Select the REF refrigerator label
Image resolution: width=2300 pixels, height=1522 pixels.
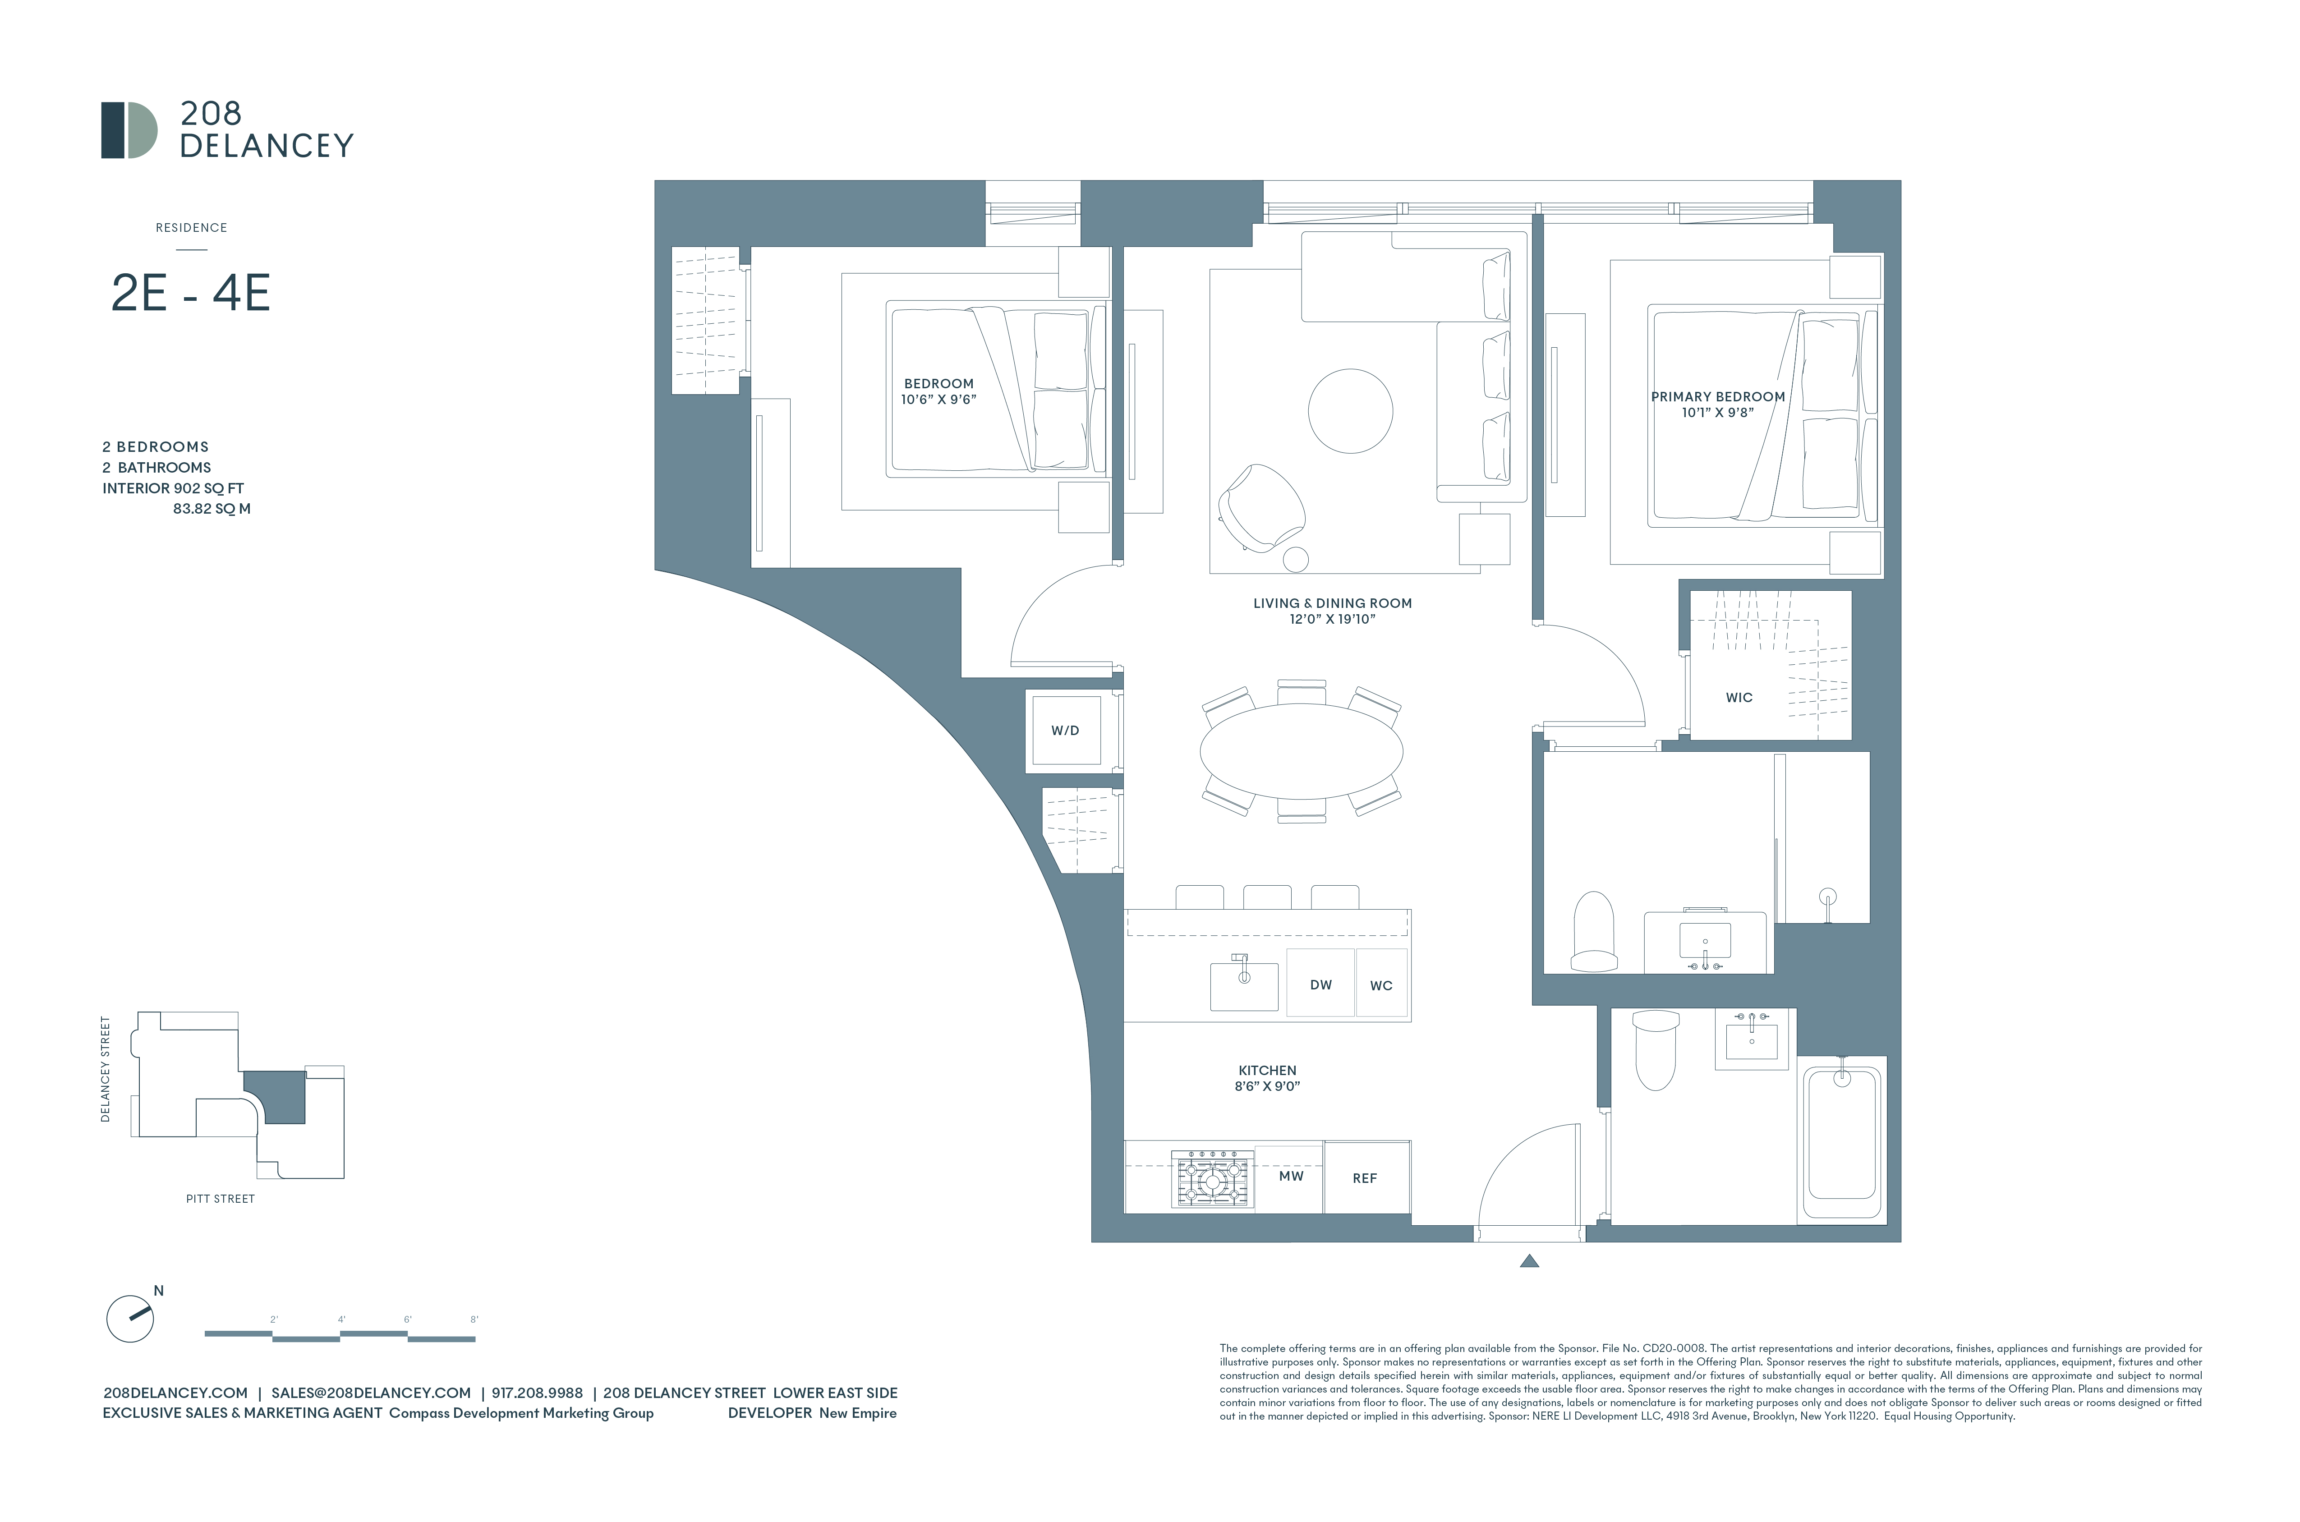[1365, 1177]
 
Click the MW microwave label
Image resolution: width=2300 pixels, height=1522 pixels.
[1291, 1176]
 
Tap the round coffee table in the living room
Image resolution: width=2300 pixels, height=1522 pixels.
[1350, 410]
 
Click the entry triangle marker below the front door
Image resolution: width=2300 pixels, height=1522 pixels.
[1529, 1262]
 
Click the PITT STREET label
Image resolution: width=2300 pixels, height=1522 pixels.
[220, 1199]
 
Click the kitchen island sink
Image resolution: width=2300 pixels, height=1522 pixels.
[1243, 985]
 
